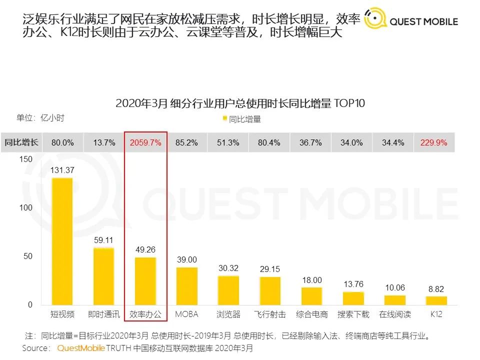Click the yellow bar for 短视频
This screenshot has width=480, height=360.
pos(62,241)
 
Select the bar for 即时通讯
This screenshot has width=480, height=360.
pos(104,276)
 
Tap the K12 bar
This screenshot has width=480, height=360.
pos(436,300)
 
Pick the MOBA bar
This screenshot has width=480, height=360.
pos(186,286)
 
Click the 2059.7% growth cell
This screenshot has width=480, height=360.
pos(145,142)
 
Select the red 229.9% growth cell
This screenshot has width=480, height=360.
pos(434,142)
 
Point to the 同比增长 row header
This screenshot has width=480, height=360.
pos(21,142)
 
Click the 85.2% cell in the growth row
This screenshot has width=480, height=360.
pos(186,142)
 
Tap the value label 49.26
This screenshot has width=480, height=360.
pos(145,249)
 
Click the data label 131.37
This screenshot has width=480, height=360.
pos(62,170)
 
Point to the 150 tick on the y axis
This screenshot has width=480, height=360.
pos(26,159)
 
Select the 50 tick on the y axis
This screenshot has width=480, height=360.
pos(28,256)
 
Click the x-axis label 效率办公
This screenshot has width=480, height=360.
pos(145,314)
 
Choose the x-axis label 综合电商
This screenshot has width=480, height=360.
pos(312,314)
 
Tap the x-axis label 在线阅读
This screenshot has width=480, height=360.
pos(395,314)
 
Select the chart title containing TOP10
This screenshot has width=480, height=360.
pos(240,103)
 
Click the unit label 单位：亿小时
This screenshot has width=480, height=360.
pos(40,118)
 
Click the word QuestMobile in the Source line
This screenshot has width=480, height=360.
pos(81,347)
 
